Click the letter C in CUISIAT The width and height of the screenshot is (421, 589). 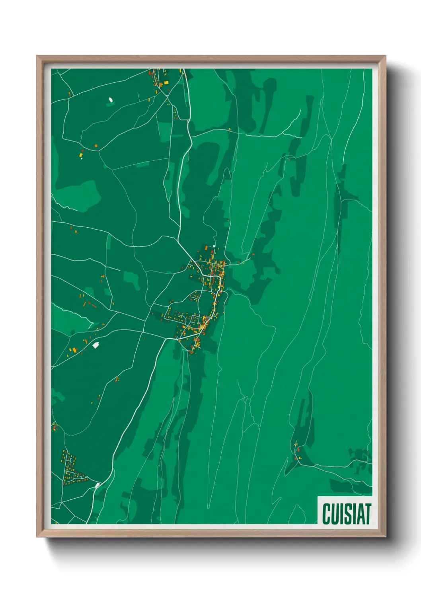(327, 514)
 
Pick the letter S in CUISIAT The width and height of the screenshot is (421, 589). (348, 514)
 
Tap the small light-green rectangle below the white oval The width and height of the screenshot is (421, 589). (110, 104)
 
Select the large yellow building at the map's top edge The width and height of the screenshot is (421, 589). (166, 82)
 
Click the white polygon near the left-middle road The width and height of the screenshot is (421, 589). (96, 345)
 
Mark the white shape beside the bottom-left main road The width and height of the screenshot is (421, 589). (97, 485)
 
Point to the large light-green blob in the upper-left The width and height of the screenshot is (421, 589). (80, 195)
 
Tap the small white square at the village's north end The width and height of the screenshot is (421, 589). (214, 246)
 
